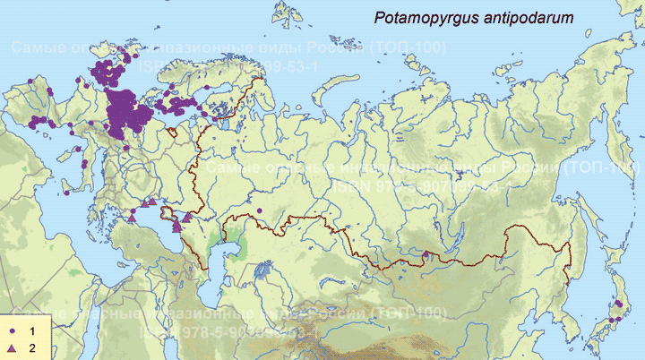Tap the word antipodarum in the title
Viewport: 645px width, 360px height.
(527, 18)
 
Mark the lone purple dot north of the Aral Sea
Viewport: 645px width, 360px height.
(258, 210)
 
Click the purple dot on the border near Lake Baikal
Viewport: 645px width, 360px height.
(426, 255)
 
